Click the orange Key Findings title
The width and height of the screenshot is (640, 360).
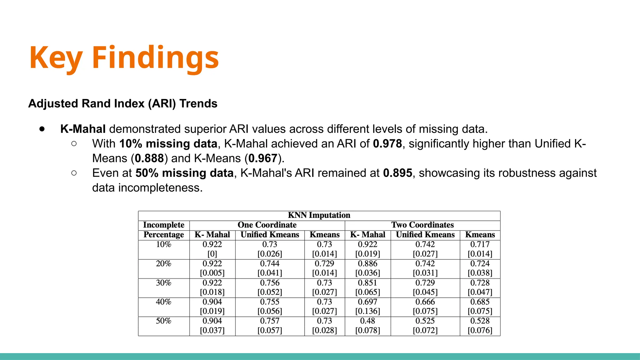124,57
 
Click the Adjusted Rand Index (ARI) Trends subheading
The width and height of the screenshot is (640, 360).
123,103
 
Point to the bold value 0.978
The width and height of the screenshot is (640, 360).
387,144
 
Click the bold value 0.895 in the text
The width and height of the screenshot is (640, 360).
397,173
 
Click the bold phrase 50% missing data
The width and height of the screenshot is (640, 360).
184,173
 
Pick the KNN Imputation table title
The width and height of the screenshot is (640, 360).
319,215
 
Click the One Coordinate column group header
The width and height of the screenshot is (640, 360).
267,225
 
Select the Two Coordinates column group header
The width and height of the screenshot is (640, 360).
422,225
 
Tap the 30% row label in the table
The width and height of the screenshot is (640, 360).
163,283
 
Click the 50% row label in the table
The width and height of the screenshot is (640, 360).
163,321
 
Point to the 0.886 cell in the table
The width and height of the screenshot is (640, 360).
367,264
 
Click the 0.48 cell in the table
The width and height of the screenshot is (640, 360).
367,321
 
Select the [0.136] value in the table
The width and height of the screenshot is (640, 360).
367,311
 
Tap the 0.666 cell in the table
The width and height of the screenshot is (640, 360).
425,302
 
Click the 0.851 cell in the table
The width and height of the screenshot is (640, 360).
367,283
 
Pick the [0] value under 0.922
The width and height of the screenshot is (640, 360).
212,254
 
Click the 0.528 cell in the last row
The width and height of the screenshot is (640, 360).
480,321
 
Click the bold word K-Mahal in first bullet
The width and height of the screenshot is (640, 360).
83,129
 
